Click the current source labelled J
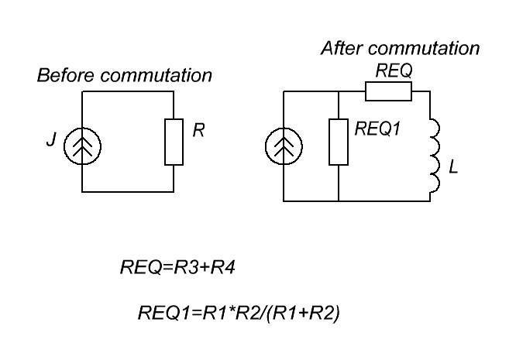pyautogui.click(x=81, y=143)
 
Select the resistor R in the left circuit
pyautogui.click(x=174, y=142)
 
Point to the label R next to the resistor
pyautogui.click(x=198, y=131)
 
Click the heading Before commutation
pyautogui.click(x=124, y=76)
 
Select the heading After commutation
pyautogui.click(x=400, y=48)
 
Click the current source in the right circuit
pyautogui.click(x=285, y=146)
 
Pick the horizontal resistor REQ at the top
pyautogui.click(x=388, y=92)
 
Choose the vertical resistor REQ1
pyautogui.click(x=339, y=142)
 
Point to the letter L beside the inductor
pyautogui.click(x=453, y=166)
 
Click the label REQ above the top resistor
pyautogui.click(x=394, y=70)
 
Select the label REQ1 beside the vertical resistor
pyautogui.click(x=377, y=129)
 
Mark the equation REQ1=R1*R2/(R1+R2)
pyautogui.click(x=239, y=314)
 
